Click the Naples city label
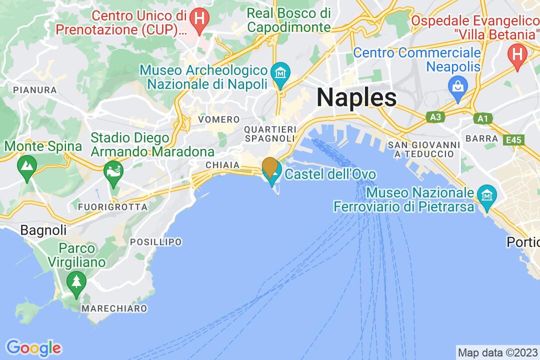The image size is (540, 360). pos(356,97)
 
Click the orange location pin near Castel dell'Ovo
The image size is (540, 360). pos(270,166)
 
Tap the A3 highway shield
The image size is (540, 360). pos(436,116)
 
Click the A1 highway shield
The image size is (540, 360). pos(482,118)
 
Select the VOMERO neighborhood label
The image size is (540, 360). pos(219,119)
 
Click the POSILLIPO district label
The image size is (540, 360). pos(155,242)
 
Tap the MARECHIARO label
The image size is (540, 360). pos(114,308)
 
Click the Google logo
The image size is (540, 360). pos(33,347)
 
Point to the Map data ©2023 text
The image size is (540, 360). pos(497,351)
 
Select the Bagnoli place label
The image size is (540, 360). pos(43,230)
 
